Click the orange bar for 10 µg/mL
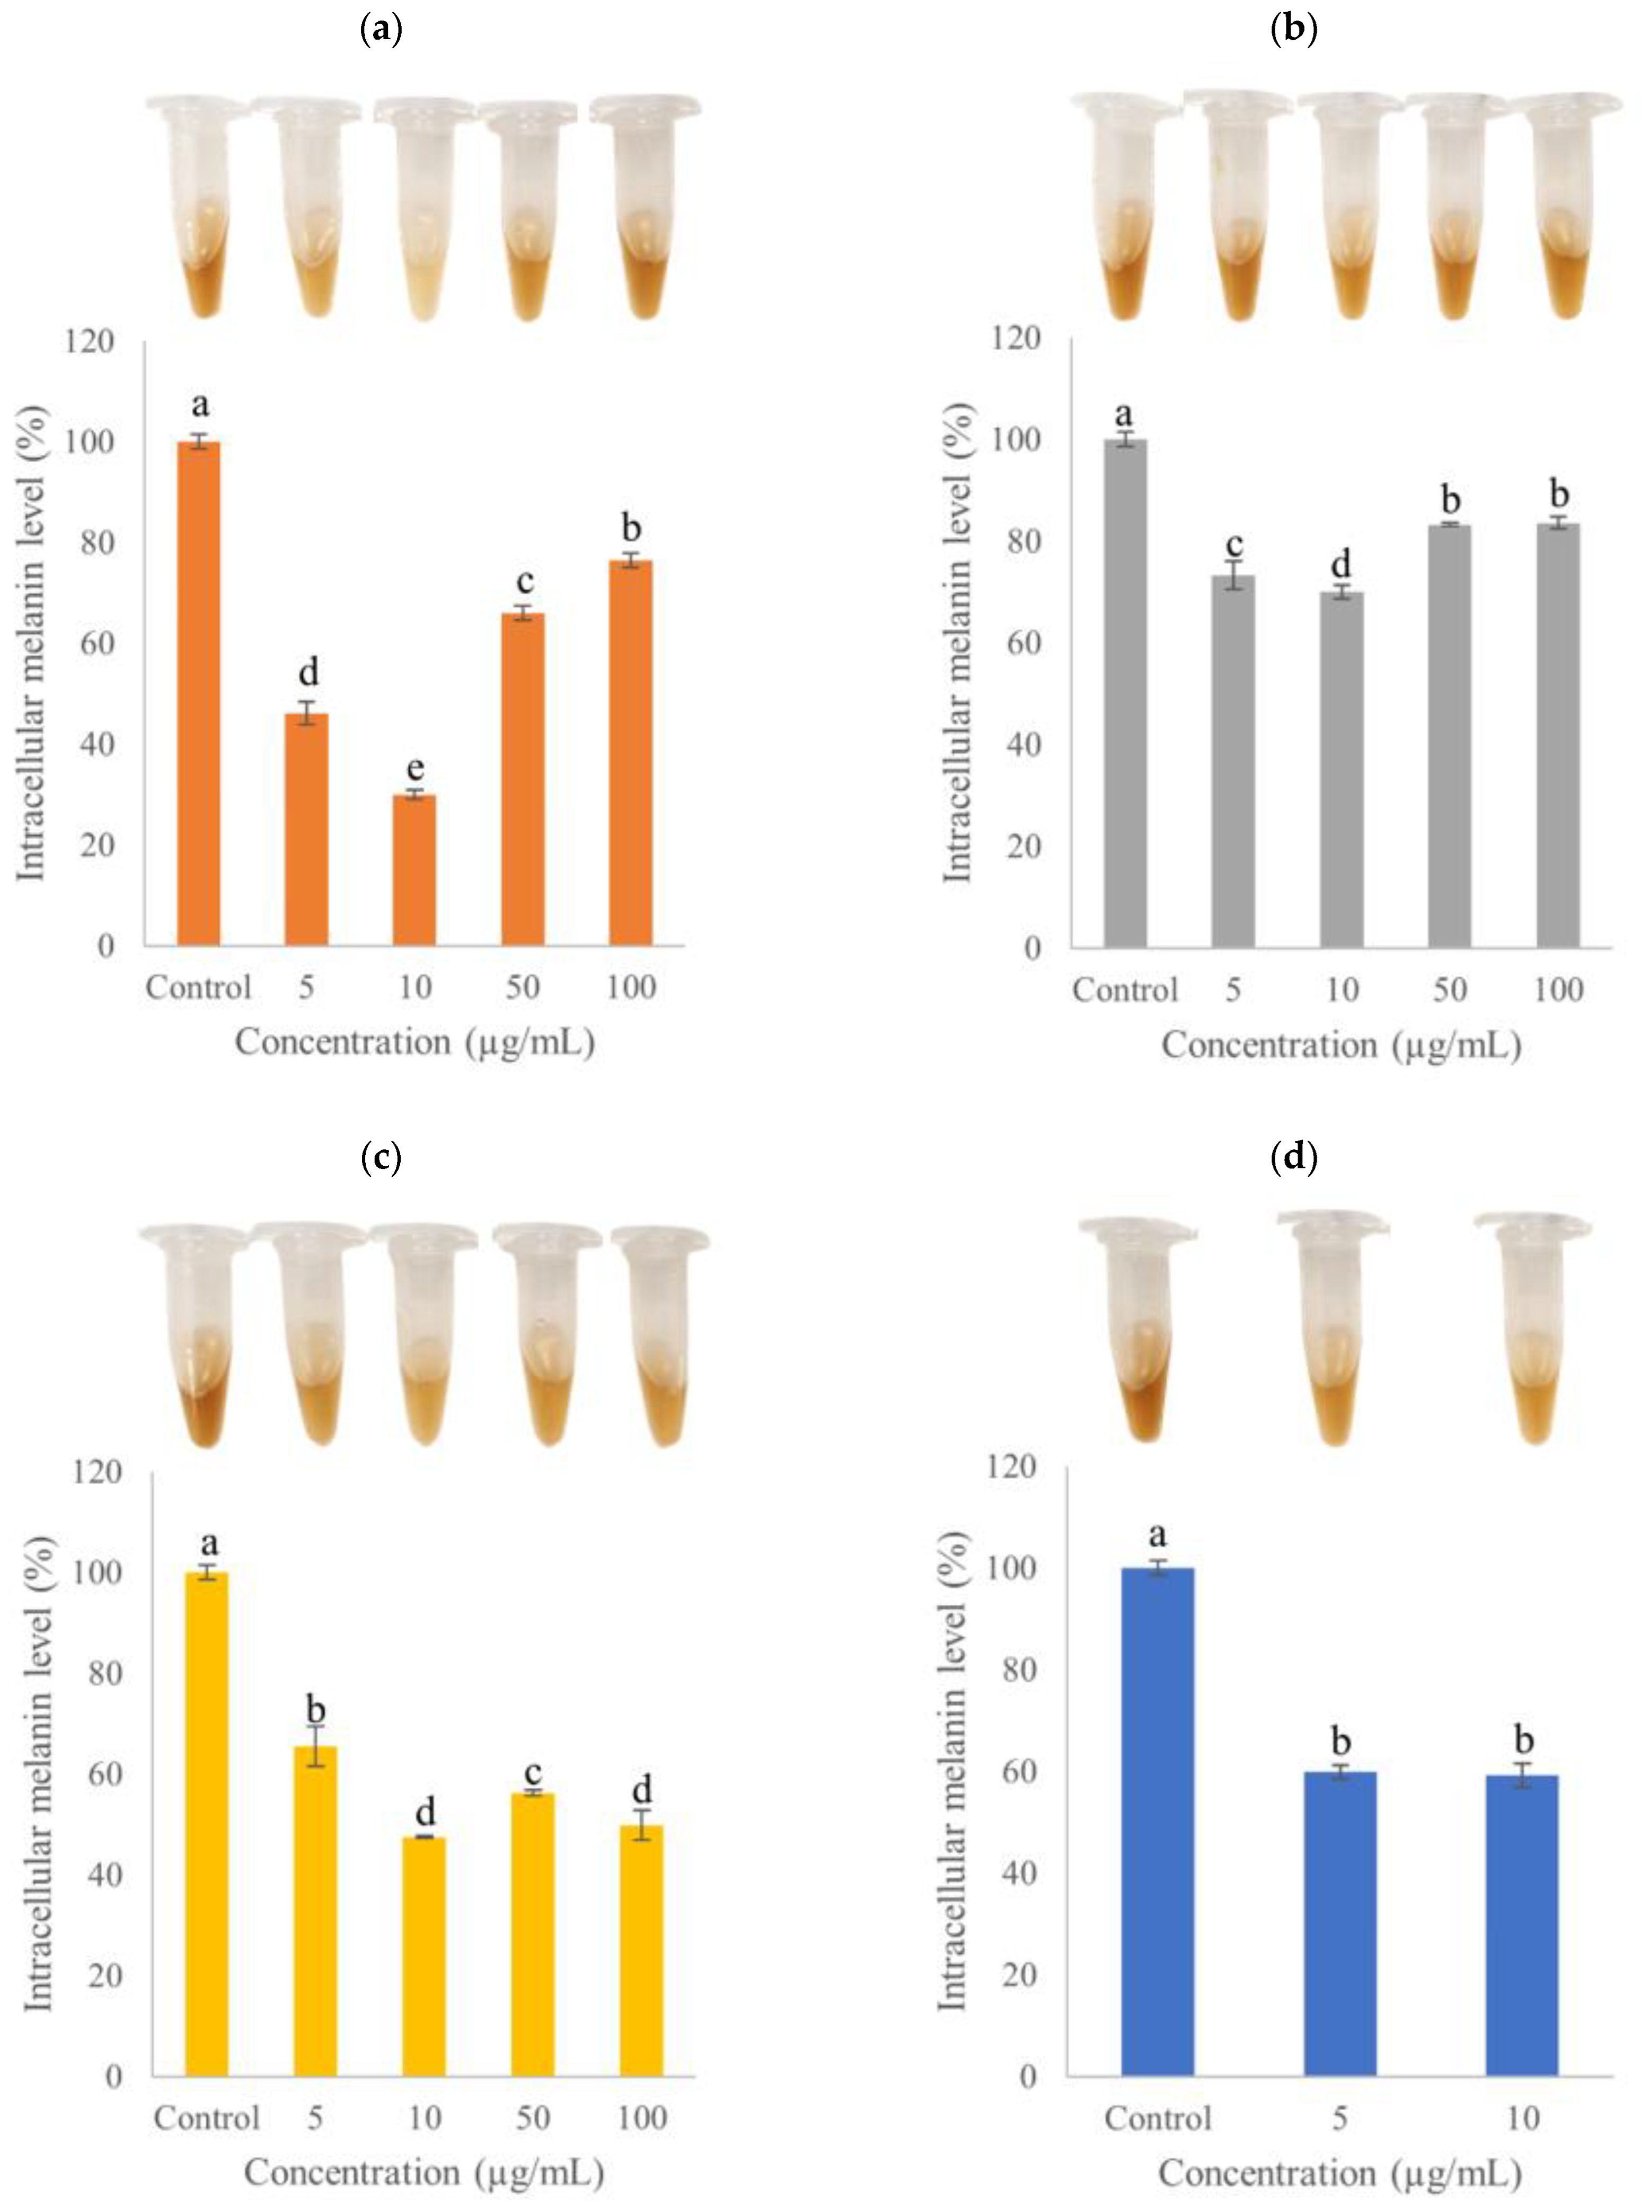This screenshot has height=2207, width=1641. tap(414, 870)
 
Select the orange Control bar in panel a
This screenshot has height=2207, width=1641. tap(199, 693)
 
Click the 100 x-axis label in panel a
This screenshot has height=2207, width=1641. tap(631, 987)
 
